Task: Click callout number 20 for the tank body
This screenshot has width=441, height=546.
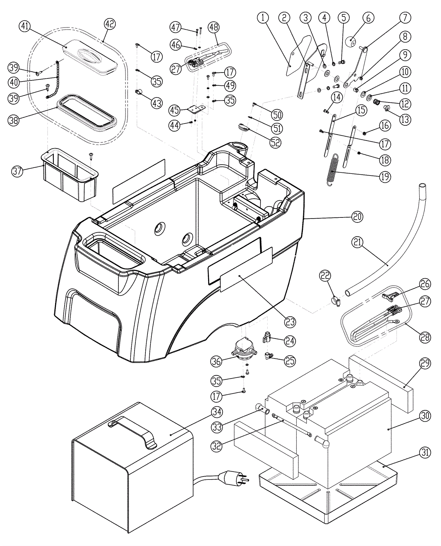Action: [x=357, y=217]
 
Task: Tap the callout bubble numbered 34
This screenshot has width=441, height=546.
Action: [x=217, y=412]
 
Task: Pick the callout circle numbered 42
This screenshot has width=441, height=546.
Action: [x=110, y=24]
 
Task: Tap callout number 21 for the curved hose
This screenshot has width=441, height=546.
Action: [x=357, y=242]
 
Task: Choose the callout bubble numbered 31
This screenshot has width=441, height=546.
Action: [x=425, y=452]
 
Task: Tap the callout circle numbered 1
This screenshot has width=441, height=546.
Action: [x=263, y=18]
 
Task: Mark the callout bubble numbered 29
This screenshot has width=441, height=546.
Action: [x=425, y=363]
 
